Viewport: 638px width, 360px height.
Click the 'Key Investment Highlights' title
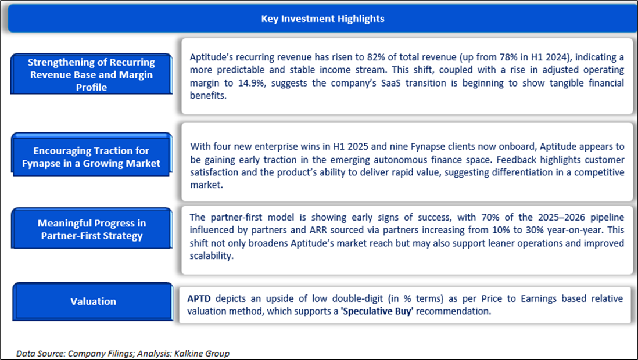pyautogui.click(x=322, y=19)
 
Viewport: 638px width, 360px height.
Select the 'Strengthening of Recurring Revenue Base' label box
pyautogui.click(x=91, y=74)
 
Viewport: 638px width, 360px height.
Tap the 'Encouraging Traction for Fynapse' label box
pyautogui.click(x=92, y=154)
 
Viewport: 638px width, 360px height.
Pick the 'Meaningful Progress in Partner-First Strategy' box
pyautogui.click(x=92, y=229)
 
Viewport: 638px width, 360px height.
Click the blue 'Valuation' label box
pyautogui.click(x=93, y=301)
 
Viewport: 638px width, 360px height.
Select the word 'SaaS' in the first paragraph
pyautogui.click(x=390, y=83)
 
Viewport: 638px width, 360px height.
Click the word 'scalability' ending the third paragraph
pyautogui.click(x=212, y=256)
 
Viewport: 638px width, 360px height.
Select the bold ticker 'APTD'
pyautogui.click(x=199, y=298)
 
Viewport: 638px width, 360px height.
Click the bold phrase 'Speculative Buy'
pyautogui.click(x=377, y=311)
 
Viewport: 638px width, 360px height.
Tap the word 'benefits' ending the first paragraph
pyautogui.click(x=208, y=96)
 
